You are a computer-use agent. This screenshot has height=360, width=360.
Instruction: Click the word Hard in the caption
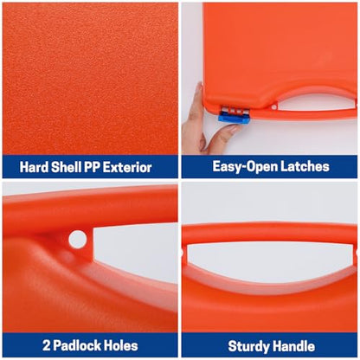click(x=34, y=167)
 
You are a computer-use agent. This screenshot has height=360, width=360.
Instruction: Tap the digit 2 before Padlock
click(x=46, y=345)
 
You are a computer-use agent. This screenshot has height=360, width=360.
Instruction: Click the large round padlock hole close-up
click(x=78, y=239)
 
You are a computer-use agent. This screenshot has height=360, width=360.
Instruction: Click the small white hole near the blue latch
click(x=273, y=107)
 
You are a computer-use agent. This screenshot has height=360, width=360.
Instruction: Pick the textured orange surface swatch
click(x=90, y=79)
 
